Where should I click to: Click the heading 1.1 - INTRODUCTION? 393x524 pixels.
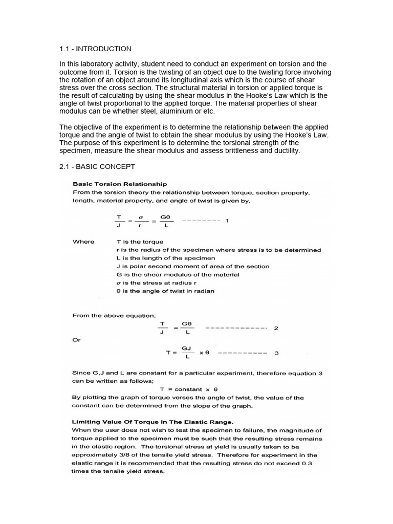click(95, 49)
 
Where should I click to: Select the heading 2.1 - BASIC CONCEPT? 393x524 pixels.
click(97, 167)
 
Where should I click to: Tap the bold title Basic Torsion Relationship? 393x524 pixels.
click(120, 184)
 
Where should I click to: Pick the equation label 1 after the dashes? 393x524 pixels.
click(227, 221)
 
